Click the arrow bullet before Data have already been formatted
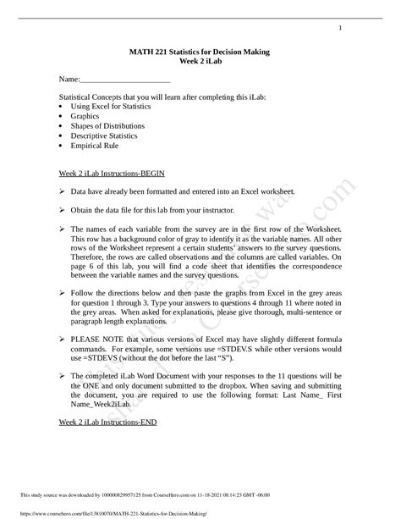click(x=62, y=192)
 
